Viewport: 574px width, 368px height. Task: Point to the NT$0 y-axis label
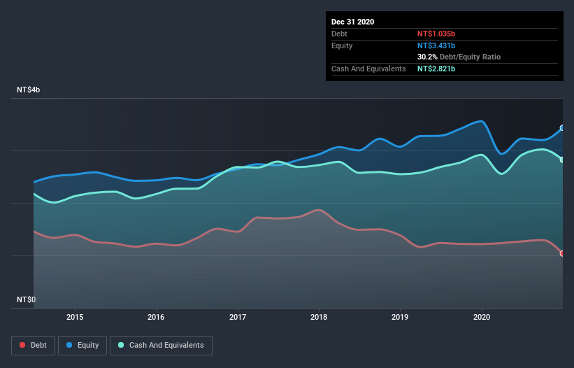27,299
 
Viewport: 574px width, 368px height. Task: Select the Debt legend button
33,345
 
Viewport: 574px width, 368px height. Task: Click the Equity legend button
82,345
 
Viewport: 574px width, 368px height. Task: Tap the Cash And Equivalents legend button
161,345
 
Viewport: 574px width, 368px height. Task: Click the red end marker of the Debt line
562,253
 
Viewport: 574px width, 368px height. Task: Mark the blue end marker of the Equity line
562,128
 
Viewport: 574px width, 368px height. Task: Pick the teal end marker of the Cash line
562,160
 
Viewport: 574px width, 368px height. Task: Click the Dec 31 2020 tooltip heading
353,22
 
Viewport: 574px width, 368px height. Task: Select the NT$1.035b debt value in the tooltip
436,34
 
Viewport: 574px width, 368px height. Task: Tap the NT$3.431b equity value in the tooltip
436,45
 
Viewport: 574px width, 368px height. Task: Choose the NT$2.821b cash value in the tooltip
436,69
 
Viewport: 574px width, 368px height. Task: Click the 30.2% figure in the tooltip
428,57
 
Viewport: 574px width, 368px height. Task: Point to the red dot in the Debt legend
23,345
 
